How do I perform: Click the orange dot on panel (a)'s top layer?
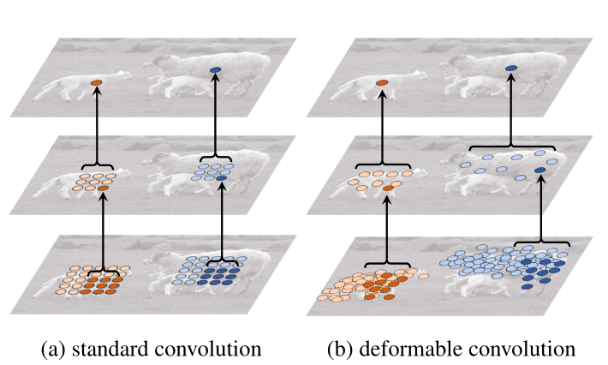pyautogui.click(x=97, y=82)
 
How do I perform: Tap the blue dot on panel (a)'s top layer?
pyautogui.click(x=215, y=69)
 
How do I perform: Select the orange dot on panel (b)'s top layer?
pyautogui.click(x=381, y=82)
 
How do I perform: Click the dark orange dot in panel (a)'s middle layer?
pyautogui.click(x=103, y=187)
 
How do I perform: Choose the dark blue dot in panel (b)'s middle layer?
pyautogui.click(x=539, y=171)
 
